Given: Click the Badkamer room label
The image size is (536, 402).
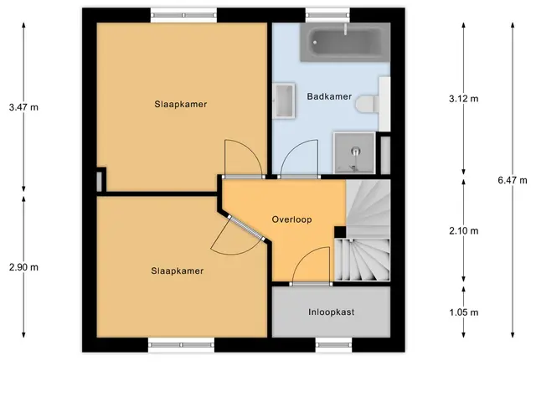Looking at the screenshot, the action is (329, 96).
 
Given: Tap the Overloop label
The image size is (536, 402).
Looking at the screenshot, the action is (291, 219).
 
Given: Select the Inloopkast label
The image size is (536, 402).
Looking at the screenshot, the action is (332, 312).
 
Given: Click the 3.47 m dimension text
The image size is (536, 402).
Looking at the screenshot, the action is (23, 107).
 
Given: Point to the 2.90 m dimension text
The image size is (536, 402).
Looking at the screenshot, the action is (23, 267).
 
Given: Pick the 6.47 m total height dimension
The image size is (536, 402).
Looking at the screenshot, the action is (513, 180).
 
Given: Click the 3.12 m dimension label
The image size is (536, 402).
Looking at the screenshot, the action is (463, 99).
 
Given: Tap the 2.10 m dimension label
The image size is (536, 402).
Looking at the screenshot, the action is (463, 231).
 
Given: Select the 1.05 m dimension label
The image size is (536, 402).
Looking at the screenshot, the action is (463, 312).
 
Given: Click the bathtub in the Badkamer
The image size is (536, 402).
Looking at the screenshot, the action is (345, 42).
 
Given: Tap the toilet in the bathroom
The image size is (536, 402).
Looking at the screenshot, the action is (367, 104).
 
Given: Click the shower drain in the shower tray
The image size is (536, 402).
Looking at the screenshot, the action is (356, 150).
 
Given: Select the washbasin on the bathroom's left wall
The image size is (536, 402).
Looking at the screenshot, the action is (284, 100).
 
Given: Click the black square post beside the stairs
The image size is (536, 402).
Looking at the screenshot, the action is (340, 232).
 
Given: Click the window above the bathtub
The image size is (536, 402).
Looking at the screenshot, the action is (327, 15).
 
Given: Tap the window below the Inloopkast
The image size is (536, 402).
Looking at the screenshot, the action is (333, 345).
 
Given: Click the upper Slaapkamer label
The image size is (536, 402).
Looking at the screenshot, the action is (181, 104).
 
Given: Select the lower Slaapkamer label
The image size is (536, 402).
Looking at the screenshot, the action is (177, 271).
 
